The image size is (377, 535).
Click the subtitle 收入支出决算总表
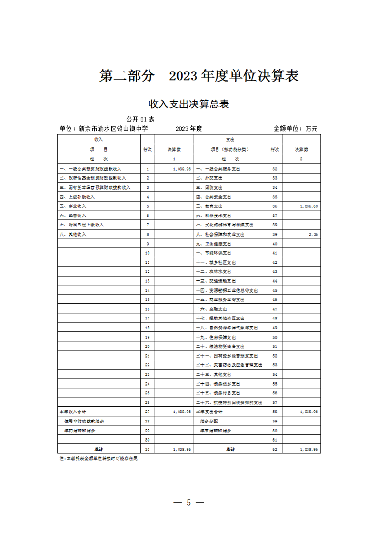[189, 104]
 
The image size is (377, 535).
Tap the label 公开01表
[140, 119]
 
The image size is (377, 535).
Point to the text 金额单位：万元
[295, 129]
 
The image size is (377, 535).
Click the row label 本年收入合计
[72, 412]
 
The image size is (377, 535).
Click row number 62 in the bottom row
[275, 449]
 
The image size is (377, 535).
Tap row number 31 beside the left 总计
[148, 449]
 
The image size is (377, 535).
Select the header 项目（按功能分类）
[231, 149]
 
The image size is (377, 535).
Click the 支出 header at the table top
[230, 139]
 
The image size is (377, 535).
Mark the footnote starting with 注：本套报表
[98, 458]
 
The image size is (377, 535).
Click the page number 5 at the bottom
[188, 503]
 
